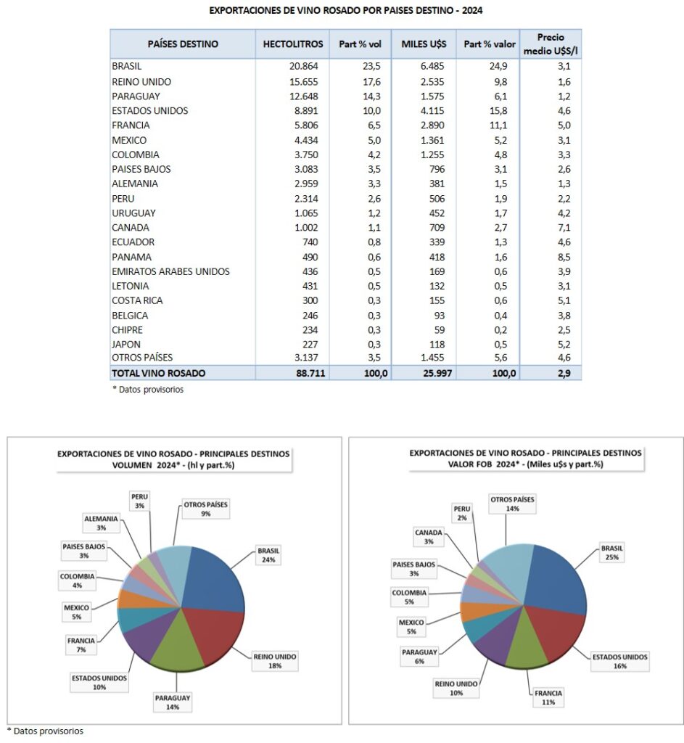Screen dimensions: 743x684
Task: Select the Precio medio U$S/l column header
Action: pyautogui.click(x=551, y=44)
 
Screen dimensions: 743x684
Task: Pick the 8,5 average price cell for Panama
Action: pyautogui.click(x=564, y=257)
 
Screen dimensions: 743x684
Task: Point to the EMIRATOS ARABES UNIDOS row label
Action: pyautogui.click(x=170, y=271)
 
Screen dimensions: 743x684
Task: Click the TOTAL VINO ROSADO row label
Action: pyautogui.click(x=159, y=373)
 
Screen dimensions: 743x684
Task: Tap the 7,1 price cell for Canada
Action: pyautogui.click(x=564, y=227)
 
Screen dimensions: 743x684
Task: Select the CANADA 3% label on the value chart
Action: pyautogui.click(x=427, y=536)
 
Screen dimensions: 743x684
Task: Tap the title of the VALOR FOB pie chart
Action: pyautogui.click(x=515, y=458)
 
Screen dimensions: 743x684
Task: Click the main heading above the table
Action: pyautogui.click(x=345, y=11)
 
